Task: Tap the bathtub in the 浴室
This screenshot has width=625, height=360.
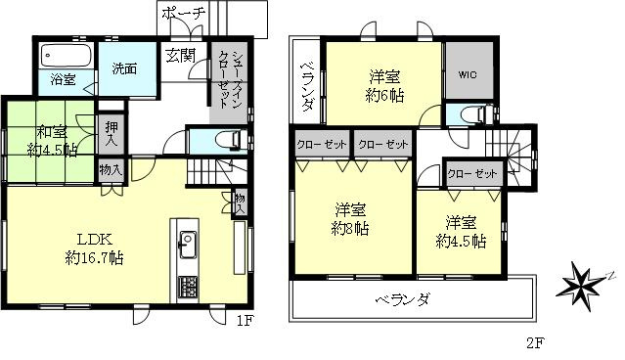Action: point(65,55)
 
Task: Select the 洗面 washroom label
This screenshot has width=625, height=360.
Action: point(123,69)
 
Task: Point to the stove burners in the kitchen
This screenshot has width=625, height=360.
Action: point(186,289)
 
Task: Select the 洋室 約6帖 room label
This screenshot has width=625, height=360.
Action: point(384,85)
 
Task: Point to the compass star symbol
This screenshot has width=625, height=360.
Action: point(582,285)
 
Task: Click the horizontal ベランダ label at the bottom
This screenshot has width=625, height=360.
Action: point(403,299)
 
